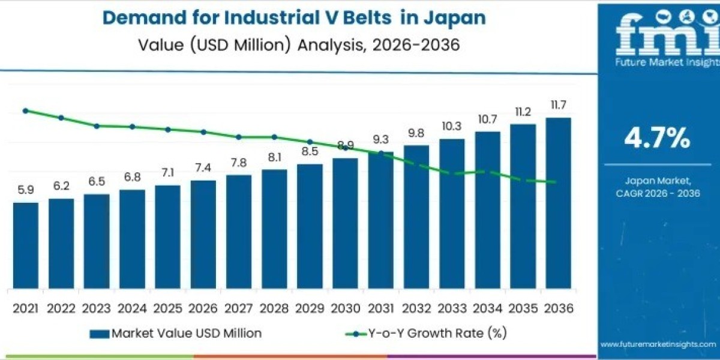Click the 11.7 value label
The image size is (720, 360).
559,106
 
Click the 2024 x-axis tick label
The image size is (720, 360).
132,308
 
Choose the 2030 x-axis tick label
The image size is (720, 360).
345,308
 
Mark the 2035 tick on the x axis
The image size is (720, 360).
523,308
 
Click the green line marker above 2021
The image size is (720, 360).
26,110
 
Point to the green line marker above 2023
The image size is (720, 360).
97,126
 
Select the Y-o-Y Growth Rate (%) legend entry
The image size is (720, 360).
430,333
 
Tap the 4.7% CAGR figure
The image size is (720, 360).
657,139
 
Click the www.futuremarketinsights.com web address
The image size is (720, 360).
658,344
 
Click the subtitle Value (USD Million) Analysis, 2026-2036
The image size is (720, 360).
294,44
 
